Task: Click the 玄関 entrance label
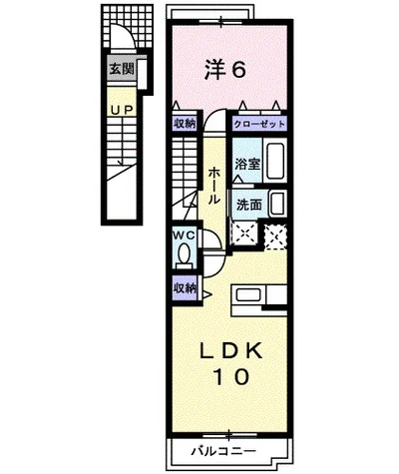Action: tap(122, 69)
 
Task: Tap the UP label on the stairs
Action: tap(122, 110)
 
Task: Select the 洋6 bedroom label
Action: tap(225, 70)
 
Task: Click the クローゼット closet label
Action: tap(259, 125)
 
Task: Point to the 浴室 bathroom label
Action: tap(247, 164)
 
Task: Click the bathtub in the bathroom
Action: tap(275, 161)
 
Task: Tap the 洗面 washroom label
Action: tap(249, 205)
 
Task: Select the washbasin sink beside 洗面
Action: tap(277, 204)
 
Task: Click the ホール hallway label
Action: tap(213, 186)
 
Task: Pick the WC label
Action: tap(184, 236)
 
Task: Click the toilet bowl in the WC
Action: tap(184, 255)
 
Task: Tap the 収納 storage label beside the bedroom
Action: tap(185, 124)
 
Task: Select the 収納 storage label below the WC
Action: tap(185, 288)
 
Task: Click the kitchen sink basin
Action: tap(248, 295)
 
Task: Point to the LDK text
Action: tap(230, 351)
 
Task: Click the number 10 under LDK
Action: tap(232, 377)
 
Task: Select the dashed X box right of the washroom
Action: tap(275, 237)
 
